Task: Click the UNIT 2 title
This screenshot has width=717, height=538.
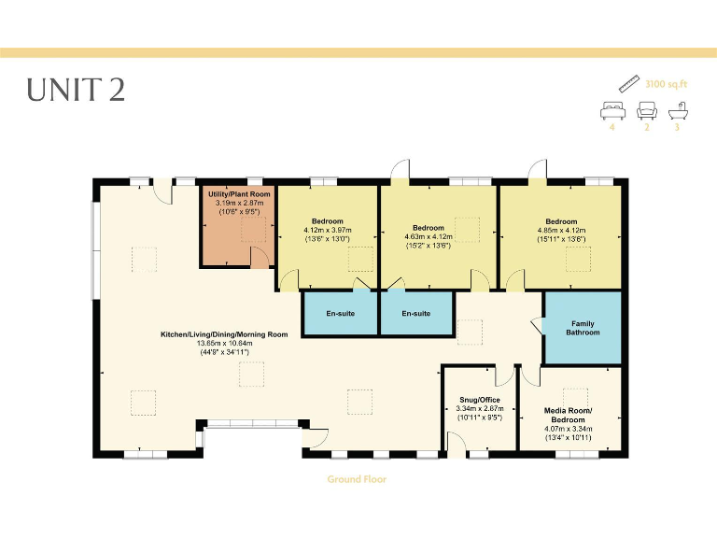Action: point(76,90)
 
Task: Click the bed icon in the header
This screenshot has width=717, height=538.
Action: point(612,111)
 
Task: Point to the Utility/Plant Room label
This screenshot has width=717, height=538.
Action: point(240,193)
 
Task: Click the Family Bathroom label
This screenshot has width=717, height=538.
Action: point(584,328)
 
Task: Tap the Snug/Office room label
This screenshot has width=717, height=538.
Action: point(481,400)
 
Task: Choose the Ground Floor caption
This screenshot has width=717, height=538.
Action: point(357,479)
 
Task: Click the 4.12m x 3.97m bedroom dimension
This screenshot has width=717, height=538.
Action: point(327,230)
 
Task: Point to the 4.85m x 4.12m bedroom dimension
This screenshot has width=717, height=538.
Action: point(561,230)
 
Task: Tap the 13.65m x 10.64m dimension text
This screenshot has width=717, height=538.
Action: point(223,343)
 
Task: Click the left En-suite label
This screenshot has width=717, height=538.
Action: point(338,313)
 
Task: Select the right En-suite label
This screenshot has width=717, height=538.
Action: point(416,313)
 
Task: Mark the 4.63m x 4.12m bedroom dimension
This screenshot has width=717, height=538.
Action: point(428,237)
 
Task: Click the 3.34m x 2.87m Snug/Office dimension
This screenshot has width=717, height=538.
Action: point(481,408)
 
